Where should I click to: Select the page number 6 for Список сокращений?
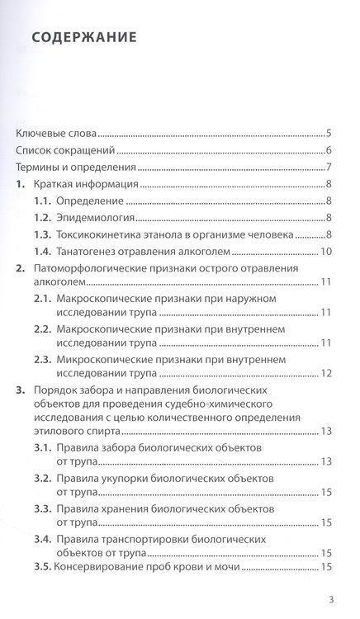329,151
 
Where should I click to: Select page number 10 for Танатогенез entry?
326,252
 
